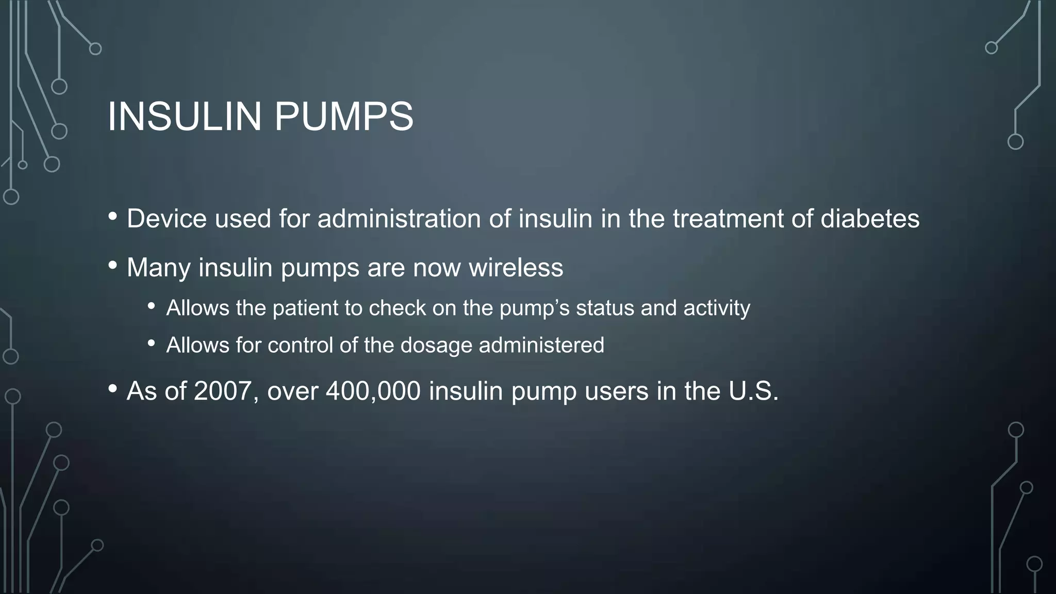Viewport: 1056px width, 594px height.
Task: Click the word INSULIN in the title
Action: (x=185, y=117)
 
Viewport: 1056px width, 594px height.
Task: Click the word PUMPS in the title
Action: (x=343, y=117)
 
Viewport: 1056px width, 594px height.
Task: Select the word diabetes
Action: (x=870, y=219)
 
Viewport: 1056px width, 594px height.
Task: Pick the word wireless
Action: (x=516, y=268)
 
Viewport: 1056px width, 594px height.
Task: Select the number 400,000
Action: (x=373, y=391)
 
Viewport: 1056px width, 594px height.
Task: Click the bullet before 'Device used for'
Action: (x=113, y=217)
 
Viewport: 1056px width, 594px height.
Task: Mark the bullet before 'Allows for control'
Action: (x=151, y=343)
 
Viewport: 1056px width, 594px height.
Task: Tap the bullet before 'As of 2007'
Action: (x=113, y=389)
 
